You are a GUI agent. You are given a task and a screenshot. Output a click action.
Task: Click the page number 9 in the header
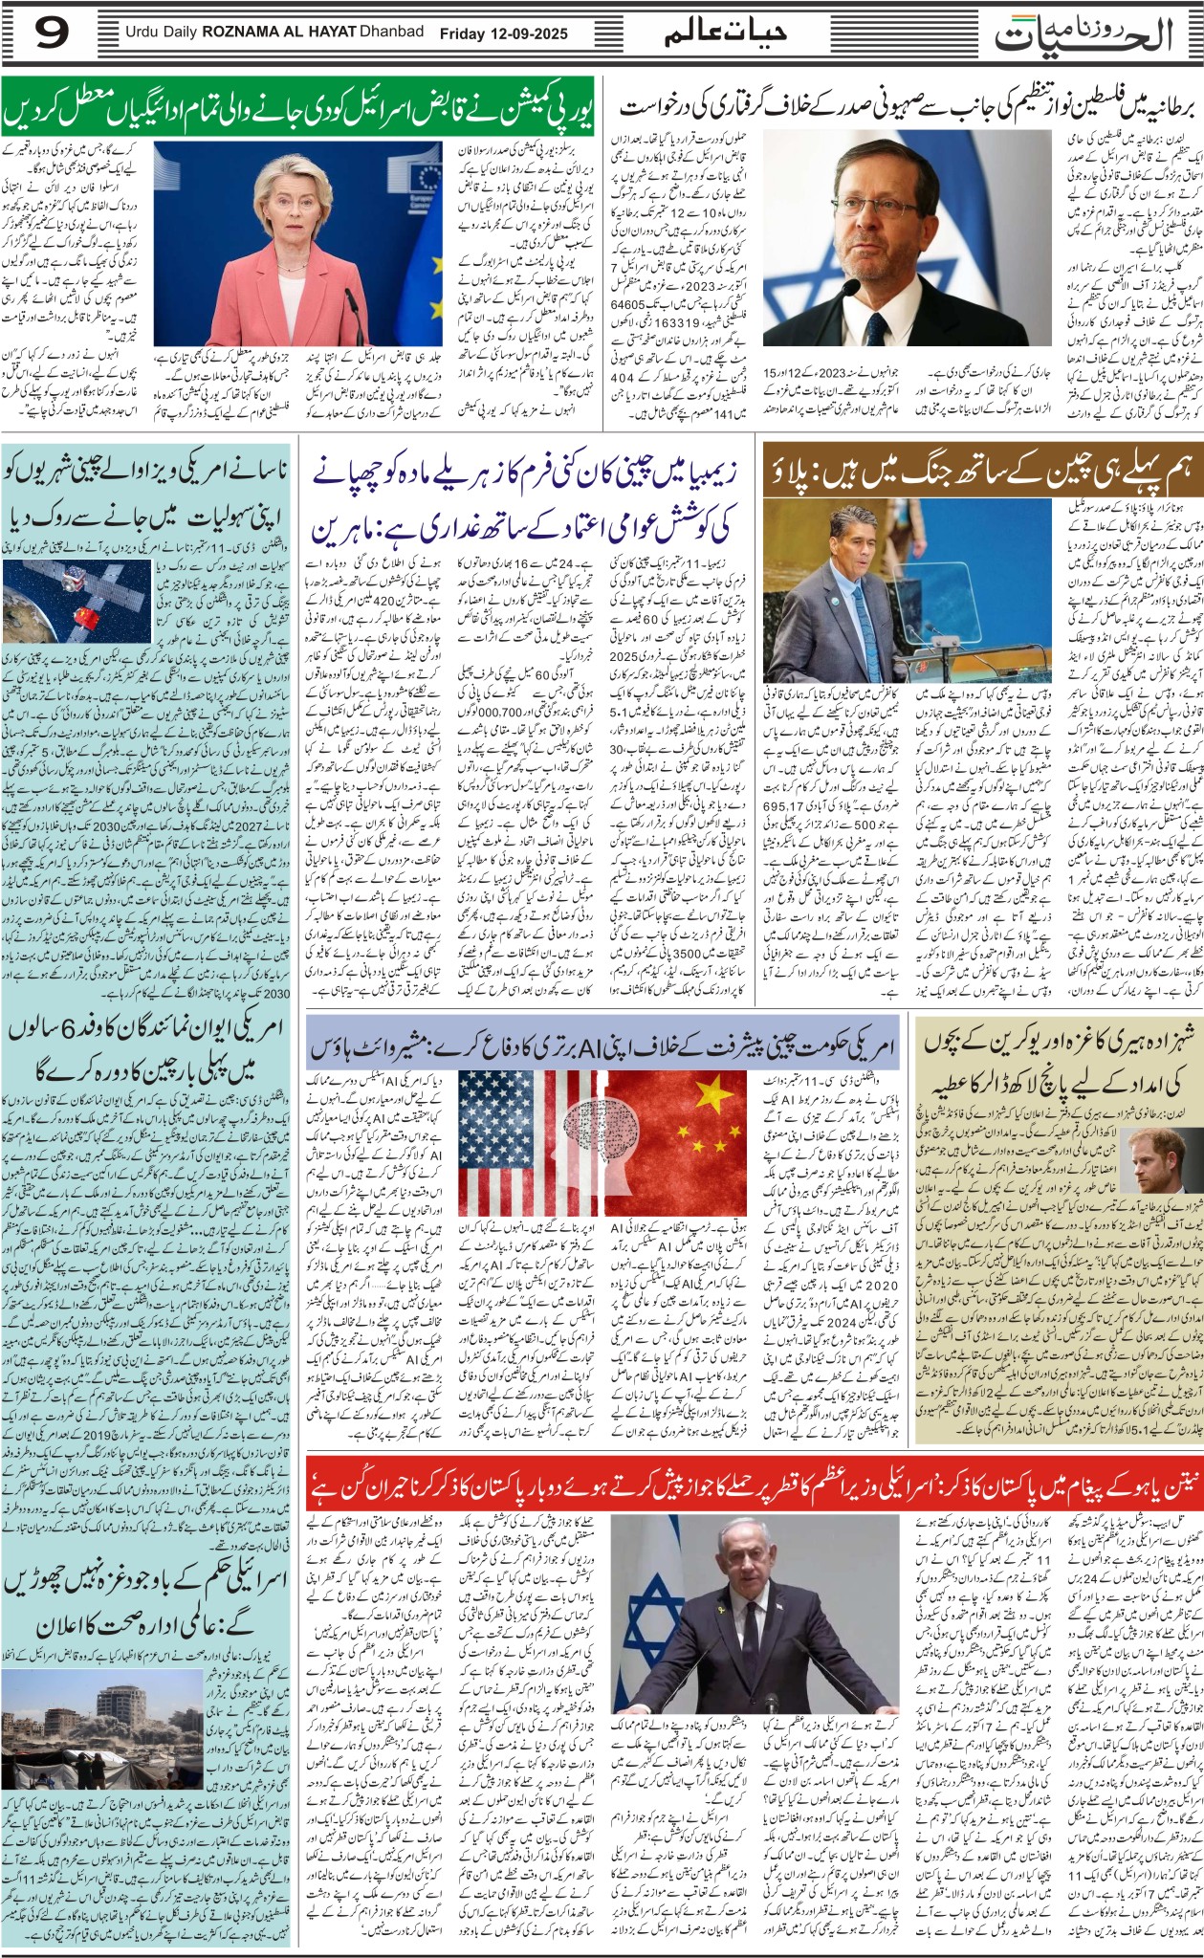click(x=52, y=33)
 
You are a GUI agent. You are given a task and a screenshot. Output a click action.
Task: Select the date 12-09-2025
click(x=530, y=33)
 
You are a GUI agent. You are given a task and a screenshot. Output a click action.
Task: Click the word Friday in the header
click(x=462, y=33)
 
